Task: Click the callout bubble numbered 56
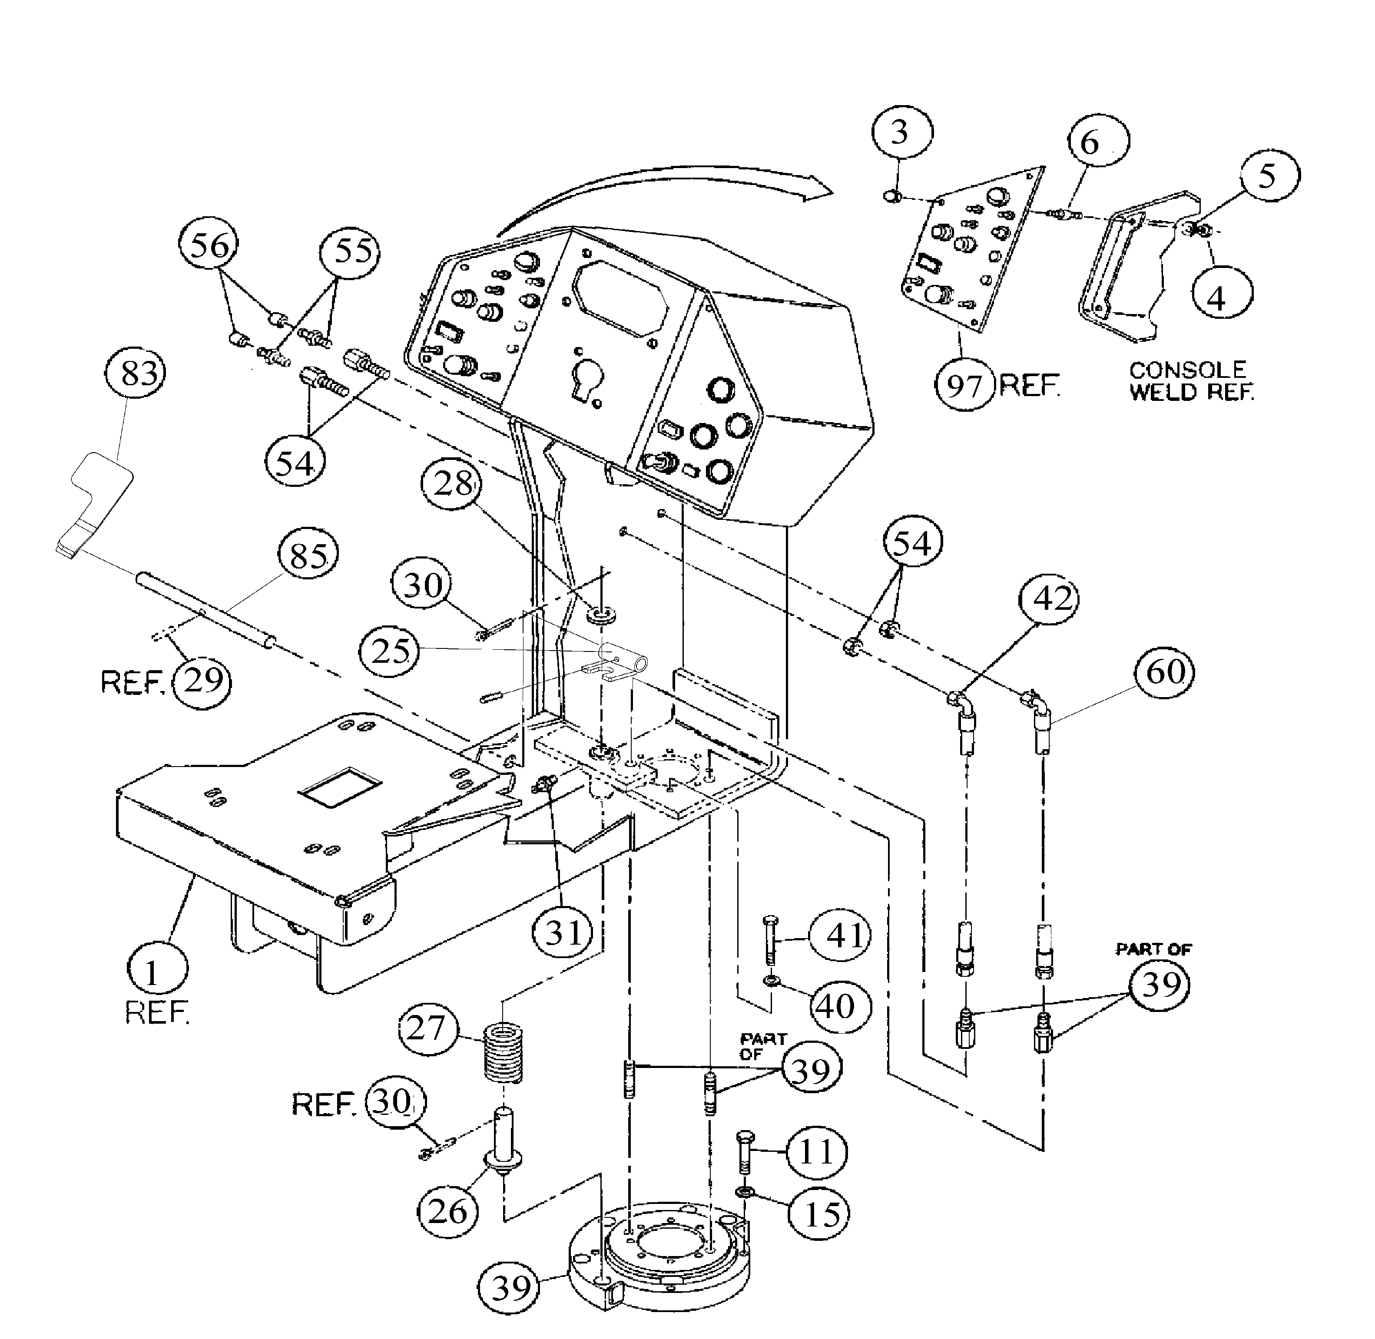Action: pyautogui.click(x=209, y=247)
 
